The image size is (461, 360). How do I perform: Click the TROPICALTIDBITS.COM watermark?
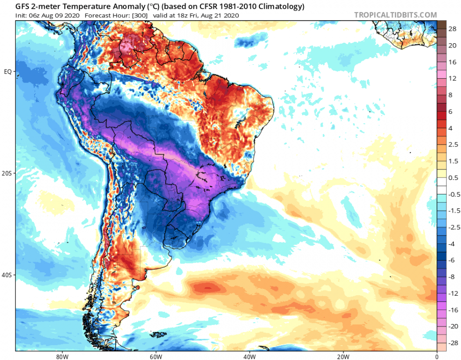pyautogui.click(x=396, y=15)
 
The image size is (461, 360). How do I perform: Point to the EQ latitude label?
pyautogui.click(x=8, y=72)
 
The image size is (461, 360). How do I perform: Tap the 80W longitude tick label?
pyautogui.click(x=61, y=356)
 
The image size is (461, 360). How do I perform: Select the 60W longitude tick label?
pyautogui.click(x=154, y=356)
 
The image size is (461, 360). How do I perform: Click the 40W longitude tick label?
pyautogui.click(x=248, y=356)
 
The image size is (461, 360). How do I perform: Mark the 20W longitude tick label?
pyautogui.click(x=342, y=356)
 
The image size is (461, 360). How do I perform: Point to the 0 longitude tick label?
pyautogui.click(x=437, y=356)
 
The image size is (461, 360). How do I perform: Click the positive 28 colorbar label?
pyautogui.click(x=452, y=29)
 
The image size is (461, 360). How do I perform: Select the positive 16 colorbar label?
pyautogui.click(x=452, y=62)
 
